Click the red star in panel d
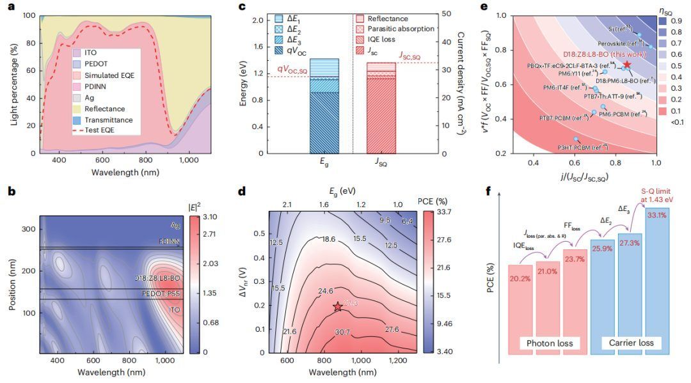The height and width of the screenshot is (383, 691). point(337,307)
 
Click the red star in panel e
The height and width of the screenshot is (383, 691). point(627,65)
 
